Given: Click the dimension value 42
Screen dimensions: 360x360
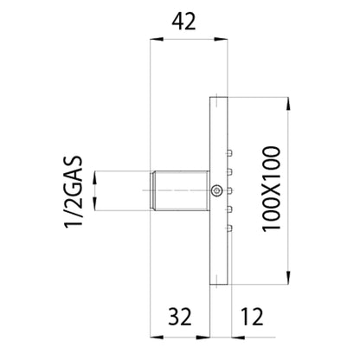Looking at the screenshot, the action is coord(183,22).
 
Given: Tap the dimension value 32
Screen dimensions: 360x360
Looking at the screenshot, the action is coord(179,317).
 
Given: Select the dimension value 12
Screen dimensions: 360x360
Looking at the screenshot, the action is coord(252,317).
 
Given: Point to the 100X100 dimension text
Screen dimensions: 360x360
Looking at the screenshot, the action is coord(271,189).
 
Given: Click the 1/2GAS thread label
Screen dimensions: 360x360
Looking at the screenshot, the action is coord(74,192).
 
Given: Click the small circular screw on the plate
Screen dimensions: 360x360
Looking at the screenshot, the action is coord(216,190).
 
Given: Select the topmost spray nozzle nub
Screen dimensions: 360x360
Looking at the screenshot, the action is coord(229,152).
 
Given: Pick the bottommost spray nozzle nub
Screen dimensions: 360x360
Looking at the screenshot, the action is coord(229,228).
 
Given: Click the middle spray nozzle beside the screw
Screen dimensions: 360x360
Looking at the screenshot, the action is coord(229,190).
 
